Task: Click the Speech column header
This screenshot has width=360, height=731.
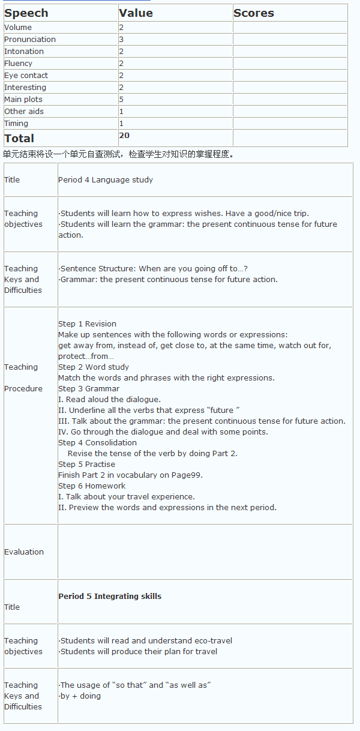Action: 26,13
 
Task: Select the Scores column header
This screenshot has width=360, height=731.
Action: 254,13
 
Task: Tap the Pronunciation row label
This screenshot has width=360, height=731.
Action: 30,40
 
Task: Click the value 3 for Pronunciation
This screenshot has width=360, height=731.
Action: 121,40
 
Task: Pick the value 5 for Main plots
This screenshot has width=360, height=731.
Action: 121,100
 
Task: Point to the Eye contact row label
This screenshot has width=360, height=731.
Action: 26,76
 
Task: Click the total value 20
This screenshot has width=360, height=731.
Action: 124,136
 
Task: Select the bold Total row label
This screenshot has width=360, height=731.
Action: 19,139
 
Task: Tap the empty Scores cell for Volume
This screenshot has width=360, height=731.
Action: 290,28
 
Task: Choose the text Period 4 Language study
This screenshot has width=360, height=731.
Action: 106,180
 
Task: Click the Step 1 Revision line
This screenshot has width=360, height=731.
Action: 87,324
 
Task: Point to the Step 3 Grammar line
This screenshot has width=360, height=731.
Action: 89,389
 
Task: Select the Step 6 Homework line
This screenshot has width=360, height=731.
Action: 92,486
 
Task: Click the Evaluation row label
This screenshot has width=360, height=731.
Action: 24,552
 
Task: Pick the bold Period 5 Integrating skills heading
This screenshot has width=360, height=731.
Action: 110,597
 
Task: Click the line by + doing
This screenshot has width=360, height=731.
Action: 80,696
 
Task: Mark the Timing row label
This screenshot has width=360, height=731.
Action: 16,124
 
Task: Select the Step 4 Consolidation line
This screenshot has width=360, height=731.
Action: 97,443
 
